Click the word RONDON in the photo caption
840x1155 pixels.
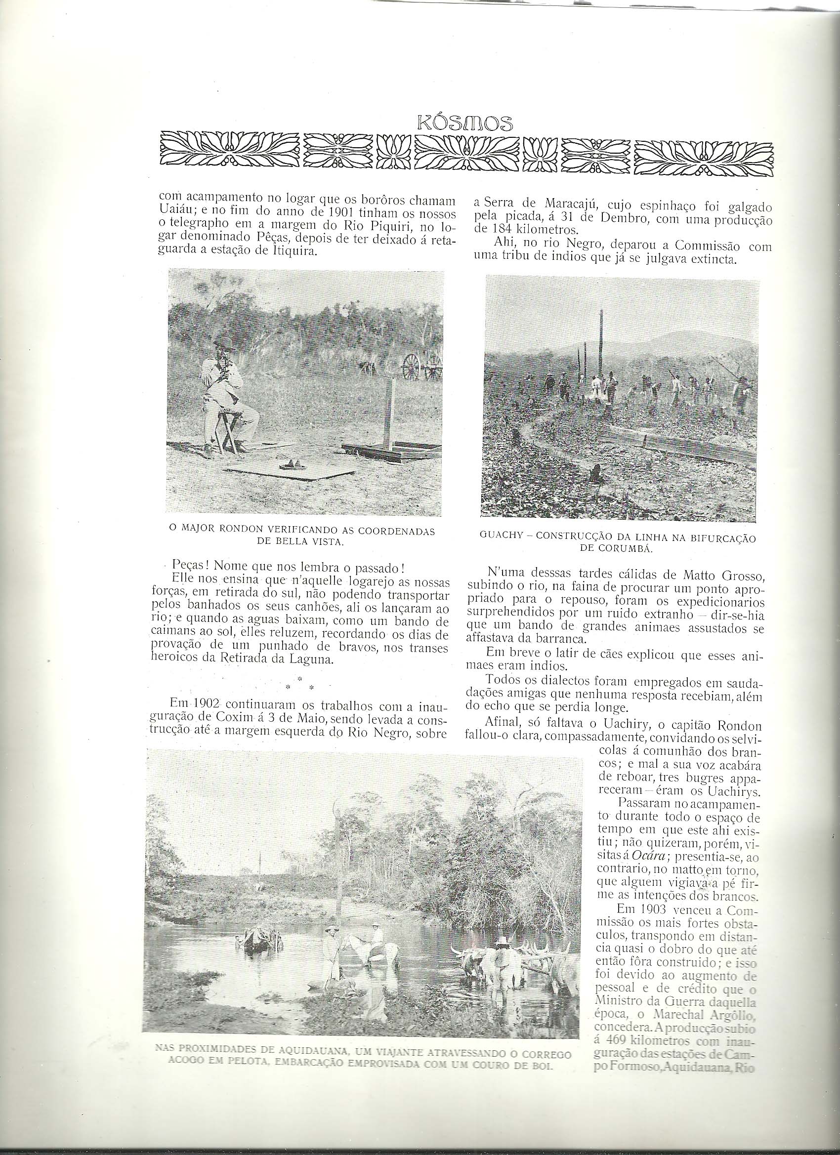pyautogui.click(x=246, y=532)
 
